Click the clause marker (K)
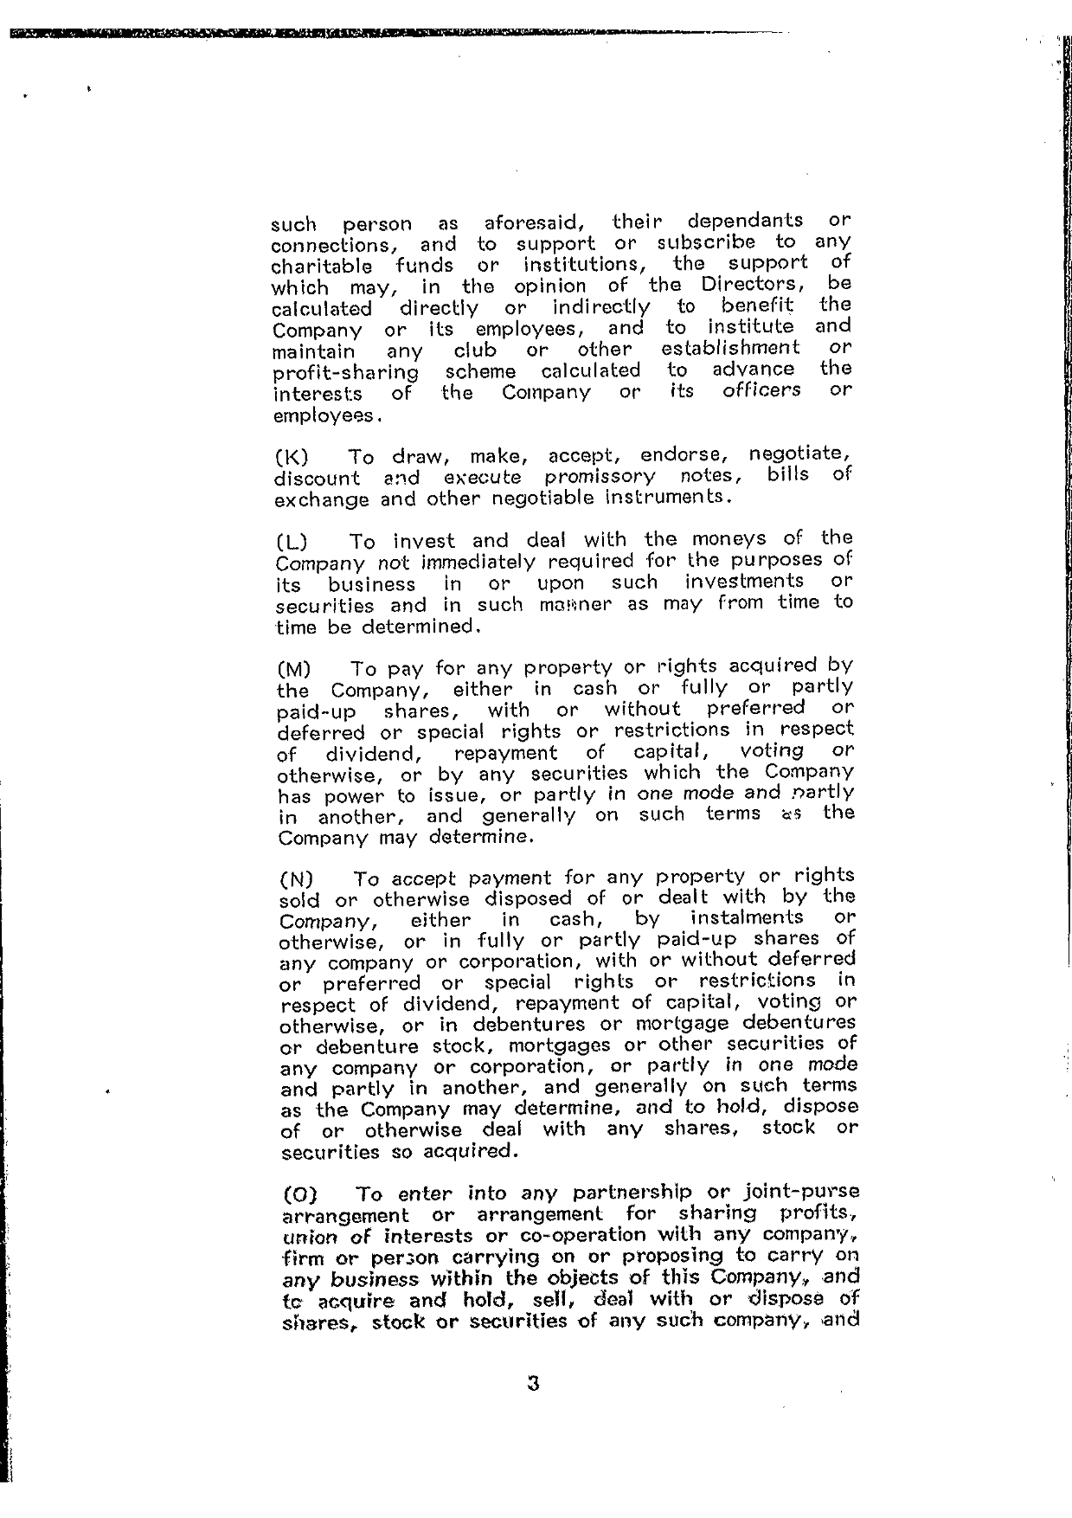292,458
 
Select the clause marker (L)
292,543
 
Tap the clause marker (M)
293,670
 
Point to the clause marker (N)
297,880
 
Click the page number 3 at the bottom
533,1383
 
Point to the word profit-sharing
345,374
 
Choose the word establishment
730,348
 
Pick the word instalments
747,917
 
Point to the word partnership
622,1193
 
